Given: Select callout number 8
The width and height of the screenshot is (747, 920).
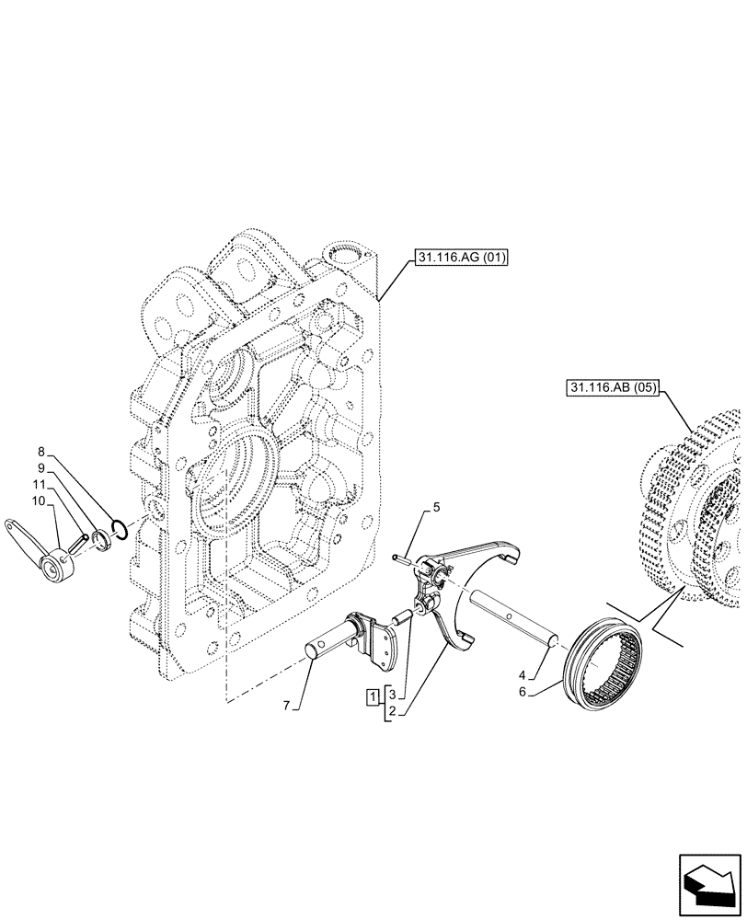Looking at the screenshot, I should (x=40, y=452).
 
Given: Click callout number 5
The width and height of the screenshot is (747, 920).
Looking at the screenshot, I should (x=437, y=507).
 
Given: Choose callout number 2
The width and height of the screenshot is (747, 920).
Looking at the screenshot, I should (x=391, y=711).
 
